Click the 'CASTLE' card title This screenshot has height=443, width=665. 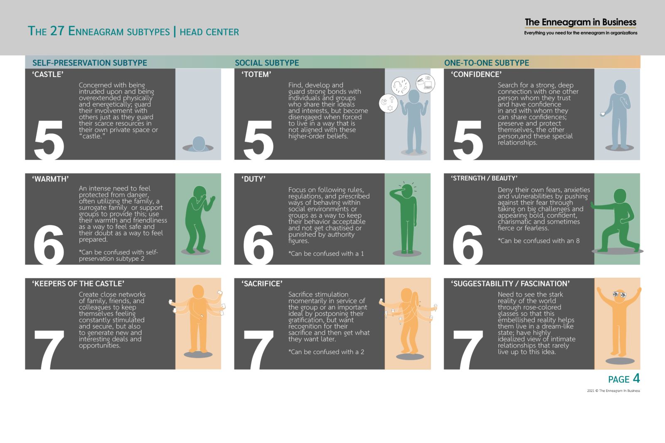coord(48,74)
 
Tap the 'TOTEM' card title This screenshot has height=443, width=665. coord(256,74)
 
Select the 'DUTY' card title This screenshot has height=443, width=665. coord(253,179)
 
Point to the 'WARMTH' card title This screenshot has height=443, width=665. coord(50,179)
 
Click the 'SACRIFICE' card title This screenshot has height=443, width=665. coord(262,284)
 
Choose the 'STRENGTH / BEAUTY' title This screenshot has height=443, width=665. coord(484,178)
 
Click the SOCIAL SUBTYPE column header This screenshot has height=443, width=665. coord(267,63)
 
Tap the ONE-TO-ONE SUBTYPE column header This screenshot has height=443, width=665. coord(487,63)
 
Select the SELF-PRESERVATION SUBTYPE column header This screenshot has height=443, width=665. coord(90,63)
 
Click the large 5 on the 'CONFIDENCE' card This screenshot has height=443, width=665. coord(468,140)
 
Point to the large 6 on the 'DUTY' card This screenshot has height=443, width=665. coord(258,245)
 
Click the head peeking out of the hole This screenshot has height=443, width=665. coord(199,144)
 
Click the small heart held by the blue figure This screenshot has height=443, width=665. coord(603,114)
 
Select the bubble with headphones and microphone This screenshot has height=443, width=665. coord(401,86)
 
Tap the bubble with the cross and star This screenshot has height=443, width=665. coord(388,103)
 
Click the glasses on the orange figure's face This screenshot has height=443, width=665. coord(620,294)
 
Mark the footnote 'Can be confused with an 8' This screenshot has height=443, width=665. coord(539,241)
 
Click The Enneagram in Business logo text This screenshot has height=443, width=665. coord(580,22)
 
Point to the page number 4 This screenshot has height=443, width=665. coord(636,378)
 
